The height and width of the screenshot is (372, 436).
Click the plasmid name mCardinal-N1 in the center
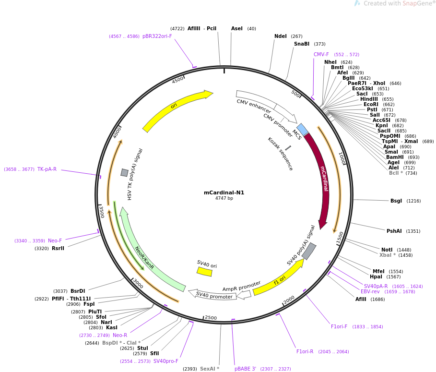click(224, 192)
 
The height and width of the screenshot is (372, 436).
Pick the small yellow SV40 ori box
click(204, 272)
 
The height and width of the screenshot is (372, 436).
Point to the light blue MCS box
click(302, 129)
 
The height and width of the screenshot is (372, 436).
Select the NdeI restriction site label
click(281, 36)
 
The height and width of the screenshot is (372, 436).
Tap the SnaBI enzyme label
click(302, 44)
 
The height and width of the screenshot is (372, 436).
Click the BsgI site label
click(396, 201)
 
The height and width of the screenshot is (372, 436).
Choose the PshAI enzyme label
click(394, 231)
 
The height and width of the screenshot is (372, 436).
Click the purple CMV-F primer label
click(321, 54)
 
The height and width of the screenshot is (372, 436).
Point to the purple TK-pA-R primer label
click(47, 169)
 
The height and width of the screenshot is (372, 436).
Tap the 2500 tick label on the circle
click(211, 318)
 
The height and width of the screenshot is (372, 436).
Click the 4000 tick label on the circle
click(117, 133)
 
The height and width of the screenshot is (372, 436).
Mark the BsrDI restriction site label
click(78, 291)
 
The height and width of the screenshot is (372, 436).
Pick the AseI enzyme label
click(237, 28)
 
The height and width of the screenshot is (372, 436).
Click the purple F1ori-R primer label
click(305, 351)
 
